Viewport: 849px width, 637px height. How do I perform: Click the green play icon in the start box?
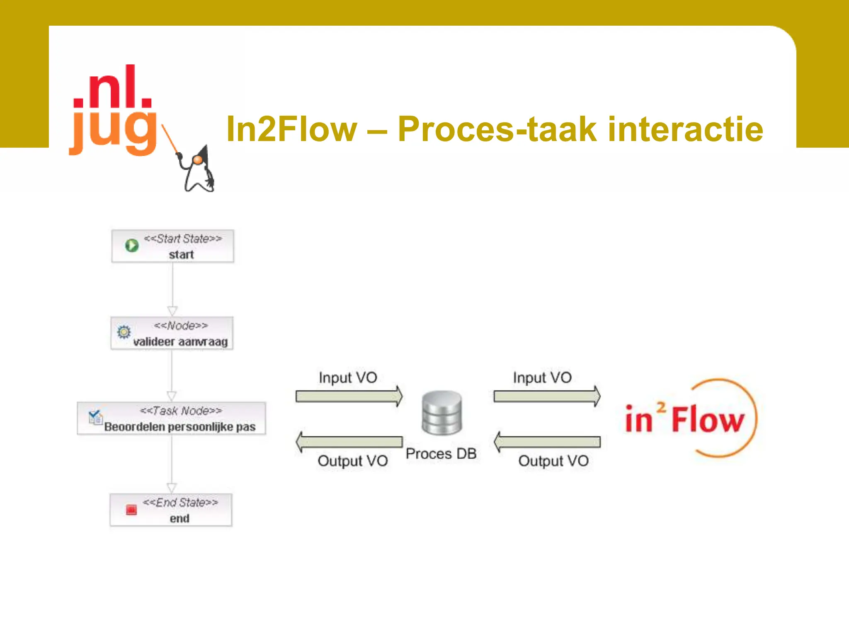132,246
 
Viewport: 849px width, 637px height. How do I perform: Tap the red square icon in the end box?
131,509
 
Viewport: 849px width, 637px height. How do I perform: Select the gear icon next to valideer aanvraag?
124,332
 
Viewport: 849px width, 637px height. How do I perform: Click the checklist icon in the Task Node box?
95,417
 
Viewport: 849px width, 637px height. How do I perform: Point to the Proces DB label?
441,454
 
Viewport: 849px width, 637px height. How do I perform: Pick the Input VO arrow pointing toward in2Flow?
547,396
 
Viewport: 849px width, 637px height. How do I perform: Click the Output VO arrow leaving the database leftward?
349,442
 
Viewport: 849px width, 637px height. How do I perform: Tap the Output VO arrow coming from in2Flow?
547,442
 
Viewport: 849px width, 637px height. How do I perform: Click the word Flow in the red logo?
708,420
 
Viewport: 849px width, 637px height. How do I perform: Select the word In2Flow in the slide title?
291,129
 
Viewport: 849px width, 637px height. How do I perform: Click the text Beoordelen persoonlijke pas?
180,427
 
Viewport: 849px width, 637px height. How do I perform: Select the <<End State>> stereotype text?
180,502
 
